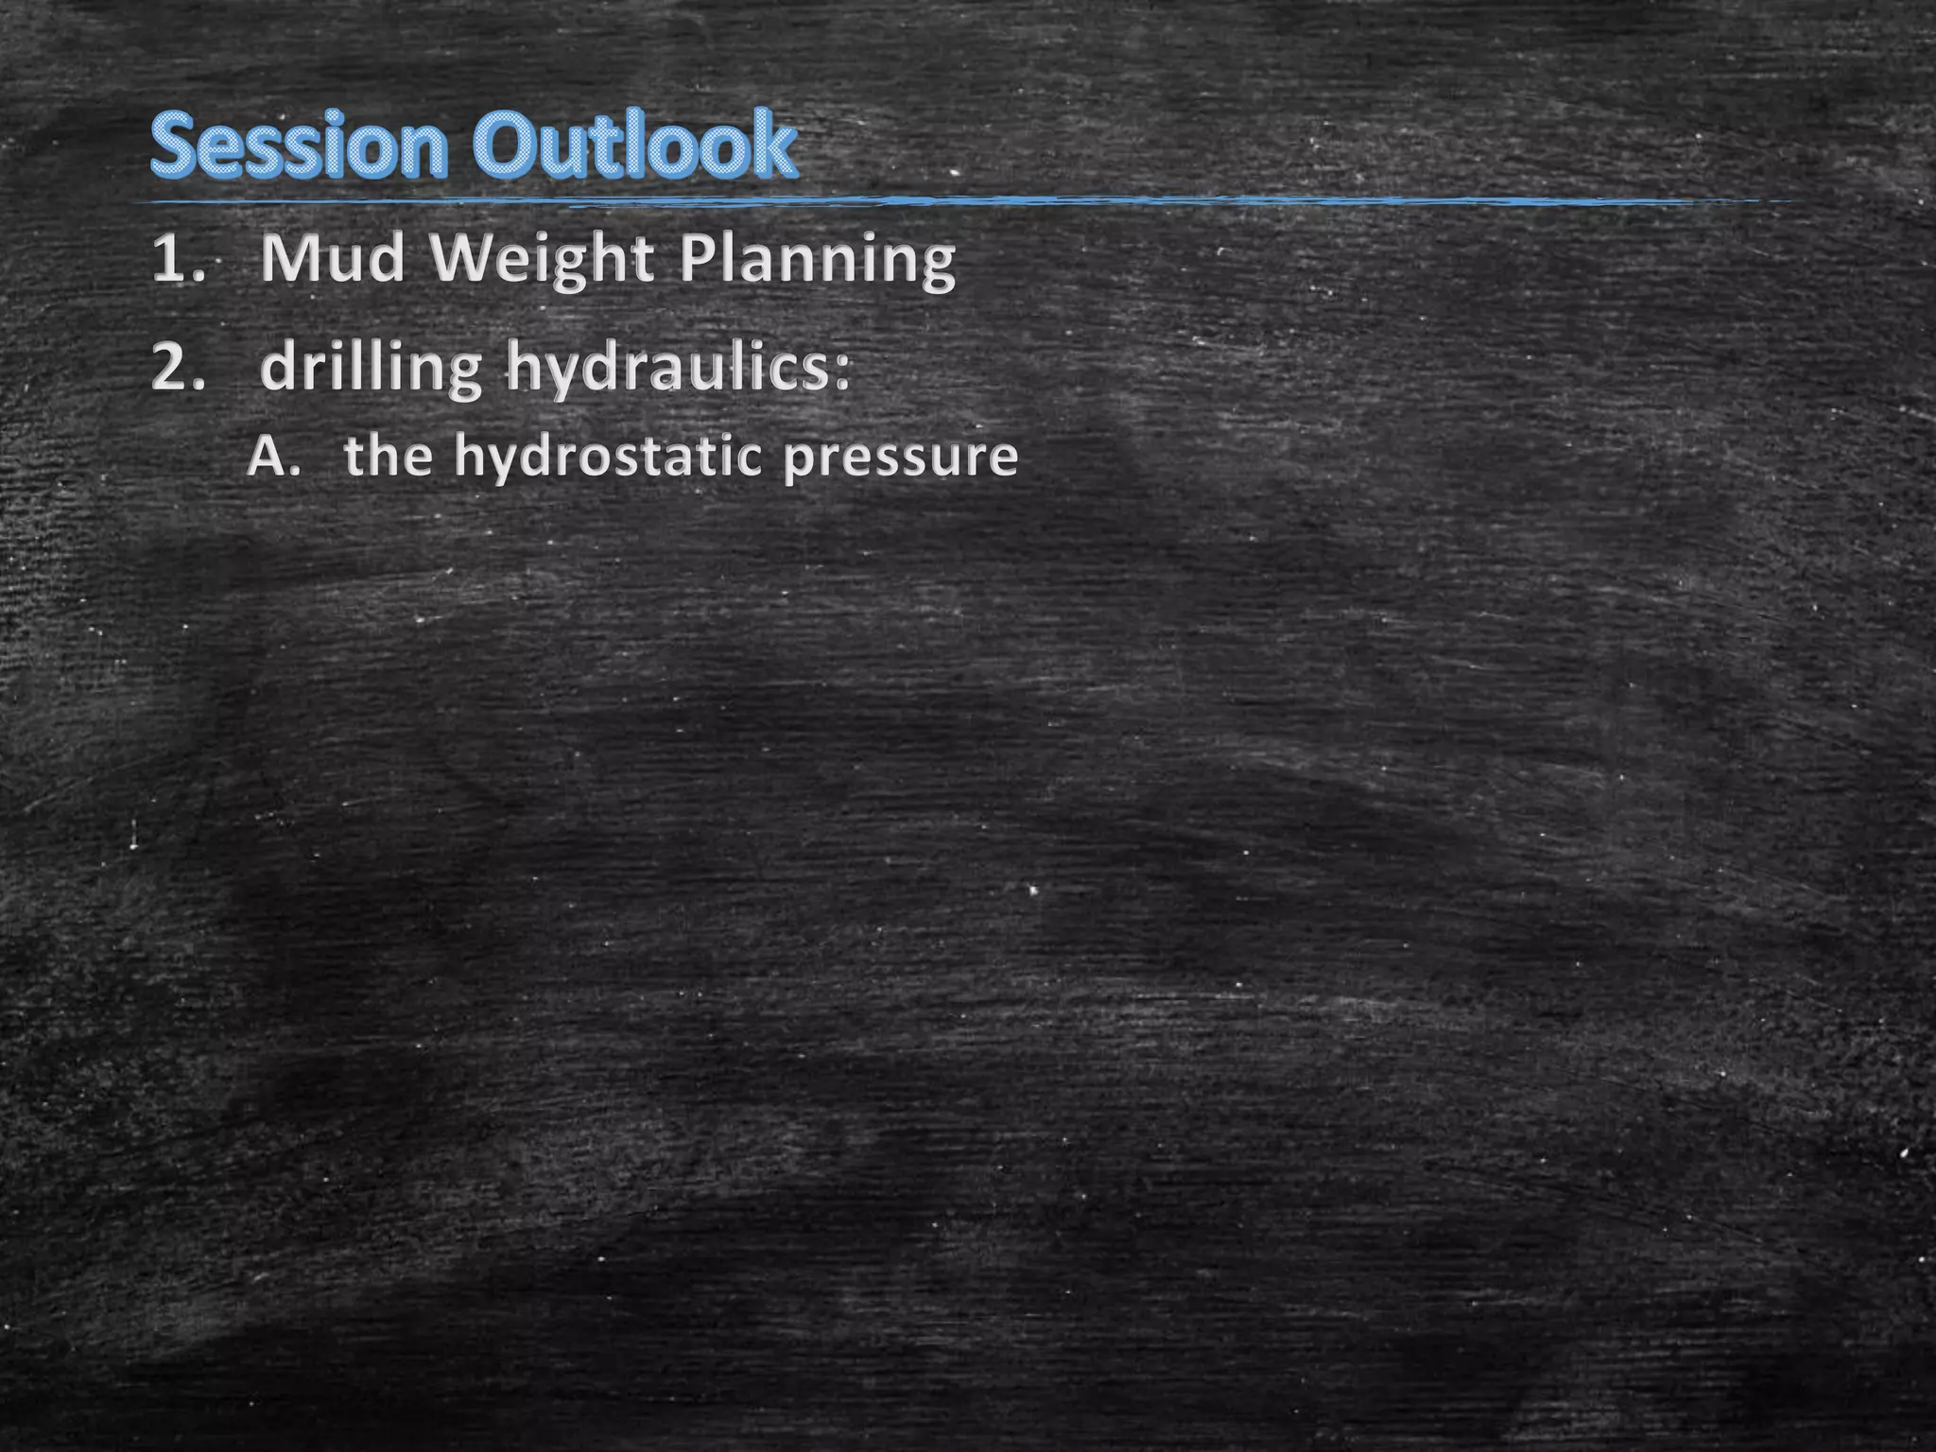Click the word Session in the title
(x=299, y=146)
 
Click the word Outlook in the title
(x=635, y=146)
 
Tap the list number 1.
(x=176, y=258)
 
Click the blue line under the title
(x=945, y=201)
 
